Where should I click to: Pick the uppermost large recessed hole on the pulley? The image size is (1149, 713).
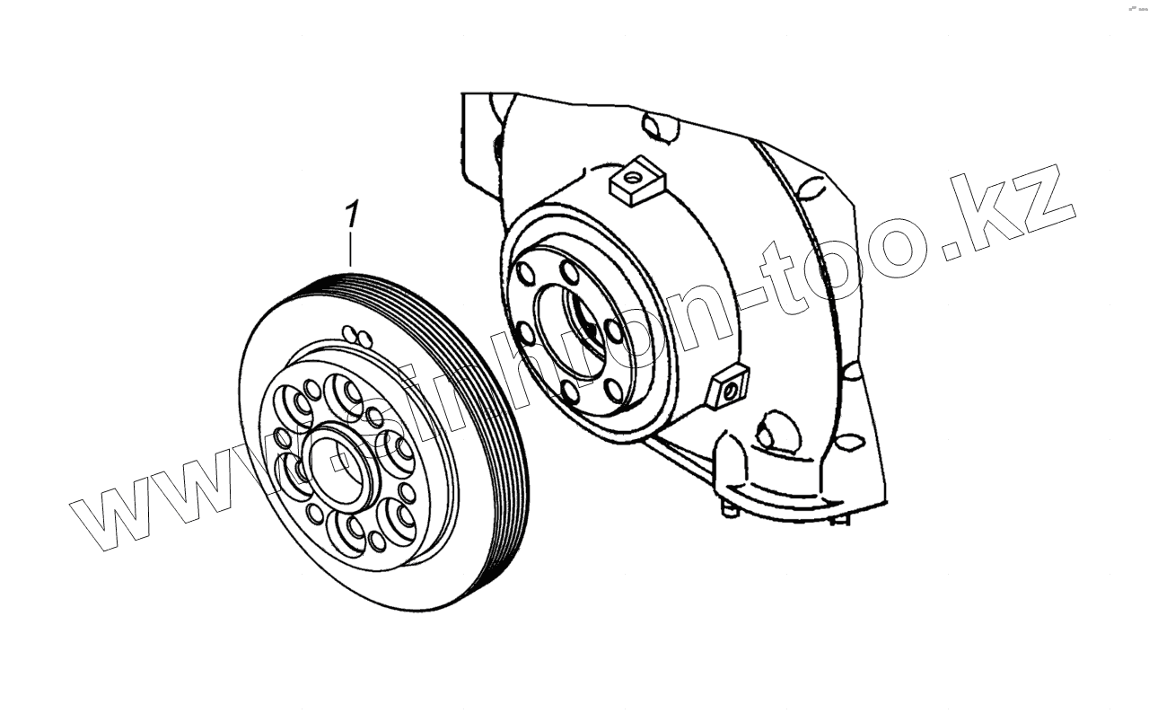coord(345,392)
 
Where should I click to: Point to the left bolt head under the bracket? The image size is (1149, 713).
coord(730,509)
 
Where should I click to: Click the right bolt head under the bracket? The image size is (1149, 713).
coord(840,518)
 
